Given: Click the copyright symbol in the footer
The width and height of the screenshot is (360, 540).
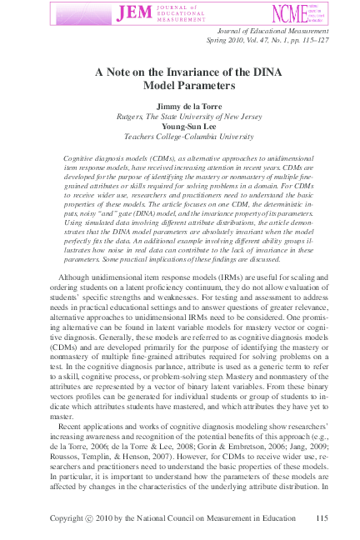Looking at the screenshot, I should point(90,518).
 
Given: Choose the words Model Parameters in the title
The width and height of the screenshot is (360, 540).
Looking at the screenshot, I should point(180,85).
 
